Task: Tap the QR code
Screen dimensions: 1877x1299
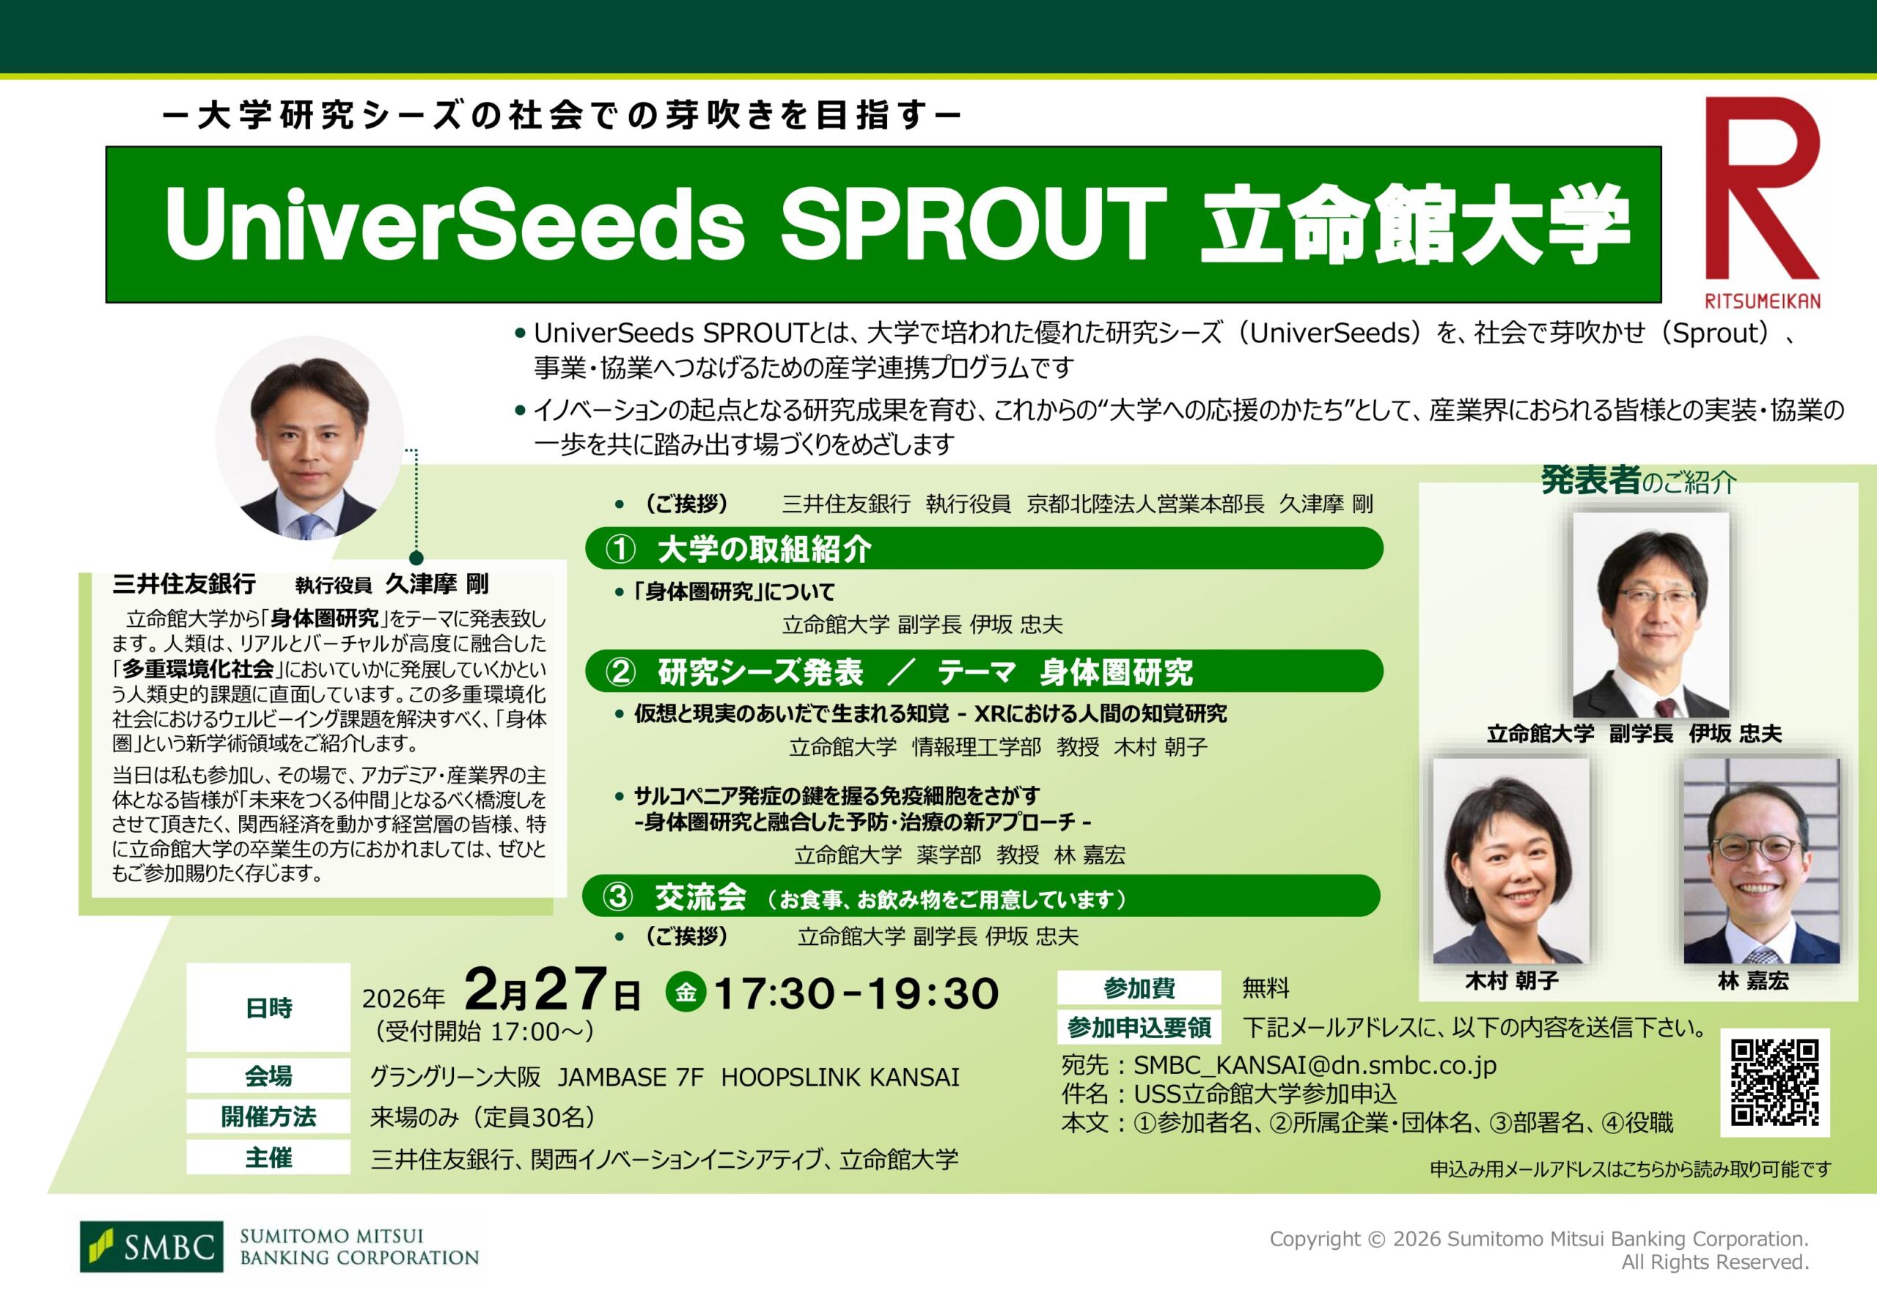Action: [x=1774, y=1082]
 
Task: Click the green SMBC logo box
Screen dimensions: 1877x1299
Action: [x=150, y=1246]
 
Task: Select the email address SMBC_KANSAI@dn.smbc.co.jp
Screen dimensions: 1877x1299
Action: [x=1315, y=1065]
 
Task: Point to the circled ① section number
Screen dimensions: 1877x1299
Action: [x=621, y=549]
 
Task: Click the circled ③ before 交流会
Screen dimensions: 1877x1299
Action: [x=618, y=897]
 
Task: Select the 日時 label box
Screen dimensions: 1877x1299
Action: [x=268, y=1008]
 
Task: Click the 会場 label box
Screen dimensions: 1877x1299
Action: [x=268, y=1076]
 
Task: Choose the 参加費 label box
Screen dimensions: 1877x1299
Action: [x=1139, y=988]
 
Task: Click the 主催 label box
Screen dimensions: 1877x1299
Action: [x=268, y=1158]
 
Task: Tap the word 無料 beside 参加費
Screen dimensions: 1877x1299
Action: [x=1266, y=988]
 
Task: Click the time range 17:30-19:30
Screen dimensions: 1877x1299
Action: [x=856, y=993]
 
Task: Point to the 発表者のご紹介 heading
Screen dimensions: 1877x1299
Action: [x=1639, y=482]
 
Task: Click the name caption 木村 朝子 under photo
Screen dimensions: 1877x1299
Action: [x=1512, y=981]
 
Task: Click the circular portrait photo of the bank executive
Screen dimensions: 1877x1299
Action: [x=309, y=438]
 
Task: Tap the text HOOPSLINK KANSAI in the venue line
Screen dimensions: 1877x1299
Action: [x=840, y=1077]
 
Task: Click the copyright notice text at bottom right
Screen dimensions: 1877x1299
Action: [x=1538, y=1250]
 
